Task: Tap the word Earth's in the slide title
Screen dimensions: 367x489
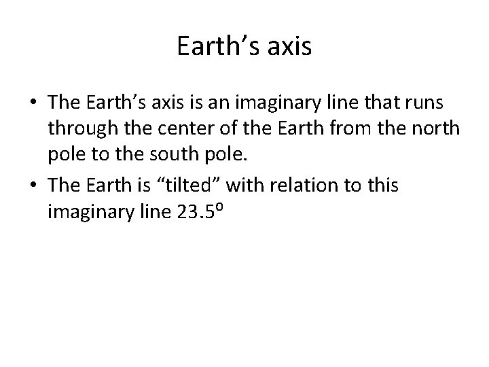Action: (x=217, y=46)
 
